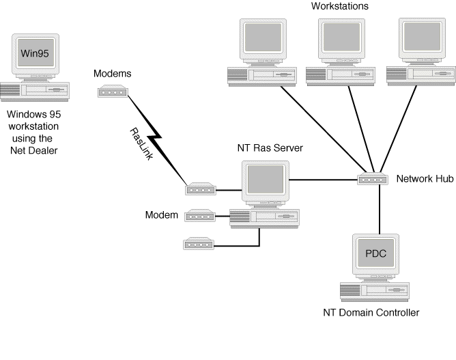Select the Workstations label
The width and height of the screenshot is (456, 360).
click(x=339, y=6)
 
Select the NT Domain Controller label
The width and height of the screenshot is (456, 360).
click(x=371, y=313)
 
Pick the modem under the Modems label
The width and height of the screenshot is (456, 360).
click(x=113, y=90)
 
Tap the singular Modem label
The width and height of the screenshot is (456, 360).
click(x=162, y=215)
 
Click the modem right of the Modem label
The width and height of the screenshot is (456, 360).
click(x=200, y=216)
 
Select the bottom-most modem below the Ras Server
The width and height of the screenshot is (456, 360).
click(x=199, y=243)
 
